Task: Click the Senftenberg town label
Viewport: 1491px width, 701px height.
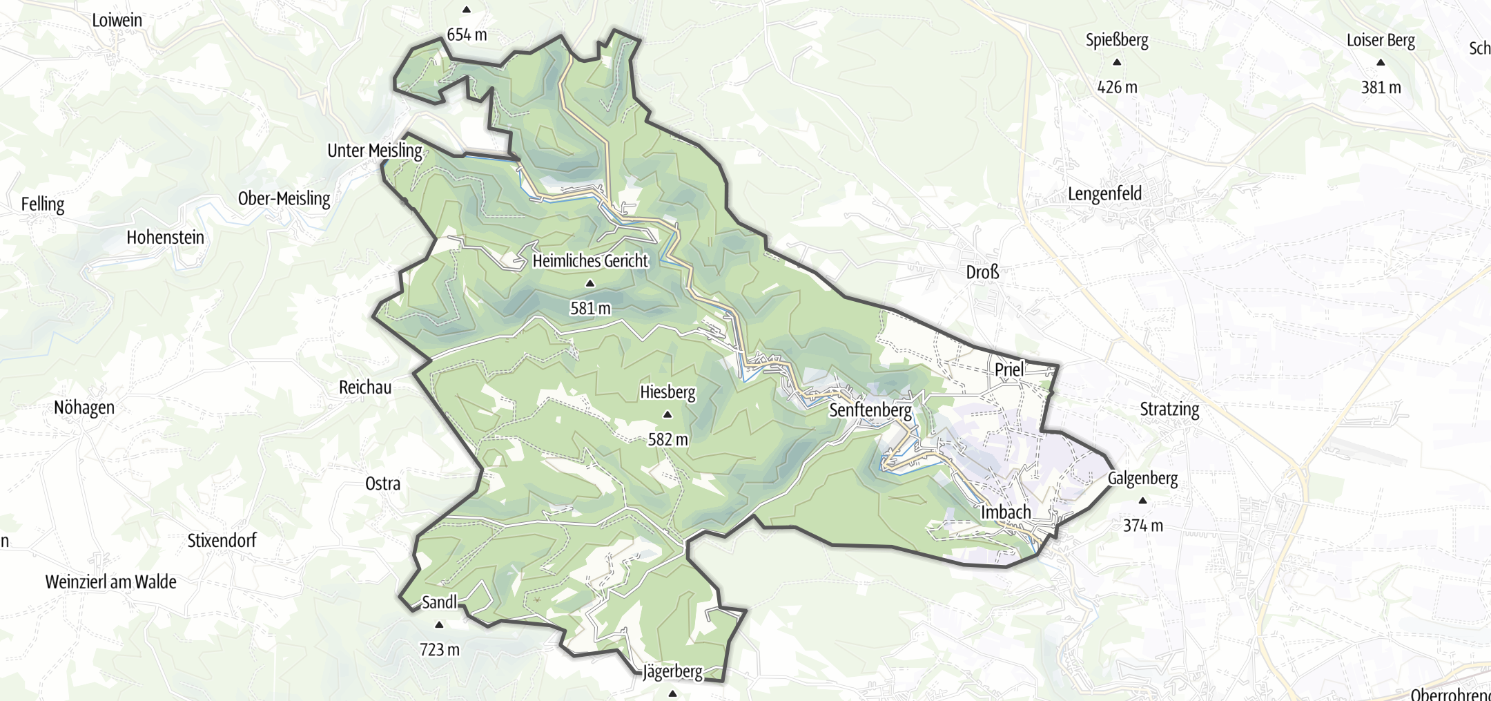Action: pyautogui.click(x=870, y=410)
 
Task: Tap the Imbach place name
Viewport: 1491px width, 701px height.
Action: pyautogui.click(x=1006, y=512)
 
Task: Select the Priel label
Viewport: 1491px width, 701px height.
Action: pyautogui.click(x=1008, y=369)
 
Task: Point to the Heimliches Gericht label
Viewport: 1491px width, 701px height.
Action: pyautogui.click(x=590, y=261)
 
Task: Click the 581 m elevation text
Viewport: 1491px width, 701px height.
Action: pyautogui.click(x=590, y=308)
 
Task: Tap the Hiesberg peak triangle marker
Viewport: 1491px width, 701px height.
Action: pyautogui.click(x=667, y=415)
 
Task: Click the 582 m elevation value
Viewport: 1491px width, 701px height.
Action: pyautogui.click(x=667, y=439)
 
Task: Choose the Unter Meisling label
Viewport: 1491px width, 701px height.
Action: pyautogui.click(x=375, y=151)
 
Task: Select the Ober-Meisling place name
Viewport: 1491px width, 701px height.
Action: pyautogui.click(x=284, y=199)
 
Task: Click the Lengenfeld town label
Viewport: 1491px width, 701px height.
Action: pyautogui.click(x=1104, y=194)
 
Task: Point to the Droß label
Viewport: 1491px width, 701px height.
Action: pyautogui.click(x=982, y=272)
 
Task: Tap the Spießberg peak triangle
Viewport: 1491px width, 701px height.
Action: pyautogui.click(x=1117, y=63)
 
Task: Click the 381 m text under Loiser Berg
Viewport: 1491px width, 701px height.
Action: pyautogui.click(x=1381, y=88)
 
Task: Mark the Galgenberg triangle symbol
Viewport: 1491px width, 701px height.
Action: pyautogui.click(x=1142, y=501)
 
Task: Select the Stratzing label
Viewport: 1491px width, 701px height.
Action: pyautogui.click(x=1169, y=410)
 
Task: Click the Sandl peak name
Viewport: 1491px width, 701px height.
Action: pyautogui.click(x=439, y=602)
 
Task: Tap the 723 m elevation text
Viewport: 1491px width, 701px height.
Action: pyautogui.click(x=439, y=650)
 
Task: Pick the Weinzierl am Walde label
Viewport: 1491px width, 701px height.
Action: pyautogui.click(x=110, y=582)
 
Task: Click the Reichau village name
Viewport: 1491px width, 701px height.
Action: pyautogui.click(x=365, y=387)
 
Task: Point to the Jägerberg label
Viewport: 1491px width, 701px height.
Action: pyautogui.click(x=672, y=672)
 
